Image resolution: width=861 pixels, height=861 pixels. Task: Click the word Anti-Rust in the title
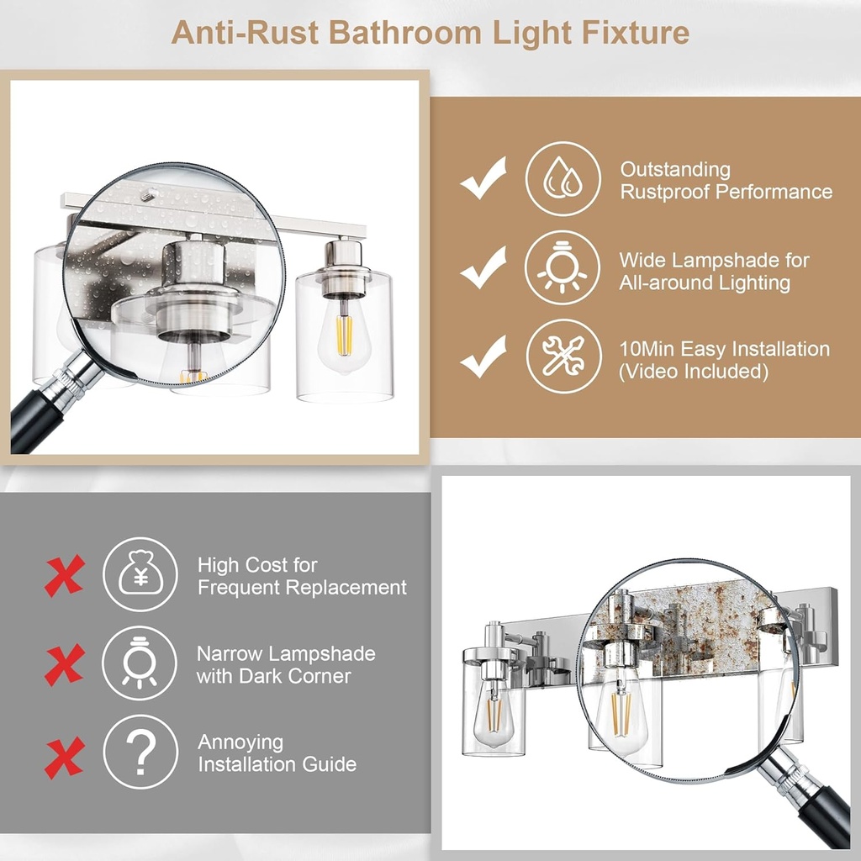(x=243, y=33)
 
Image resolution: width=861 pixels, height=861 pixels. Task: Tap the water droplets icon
(x=563, y=180)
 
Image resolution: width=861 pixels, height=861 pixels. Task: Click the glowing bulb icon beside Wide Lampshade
(x=563, y=268)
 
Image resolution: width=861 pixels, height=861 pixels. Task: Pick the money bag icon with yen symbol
(x=140, y=575)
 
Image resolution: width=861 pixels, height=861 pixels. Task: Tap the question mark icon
(x=140, y=751)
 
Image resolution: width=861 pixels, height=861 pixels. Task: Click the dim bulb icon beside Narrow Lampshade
(x=140, y=663)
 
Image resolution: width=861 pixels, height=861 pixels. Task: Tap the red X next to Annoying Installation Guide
(x=64, y=757)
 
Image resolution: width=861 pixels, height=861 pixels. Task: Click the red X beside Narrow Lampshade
(x=64, y=665)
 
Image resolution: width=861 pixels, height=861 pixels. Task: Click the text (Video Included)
(x=694, y=371)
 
